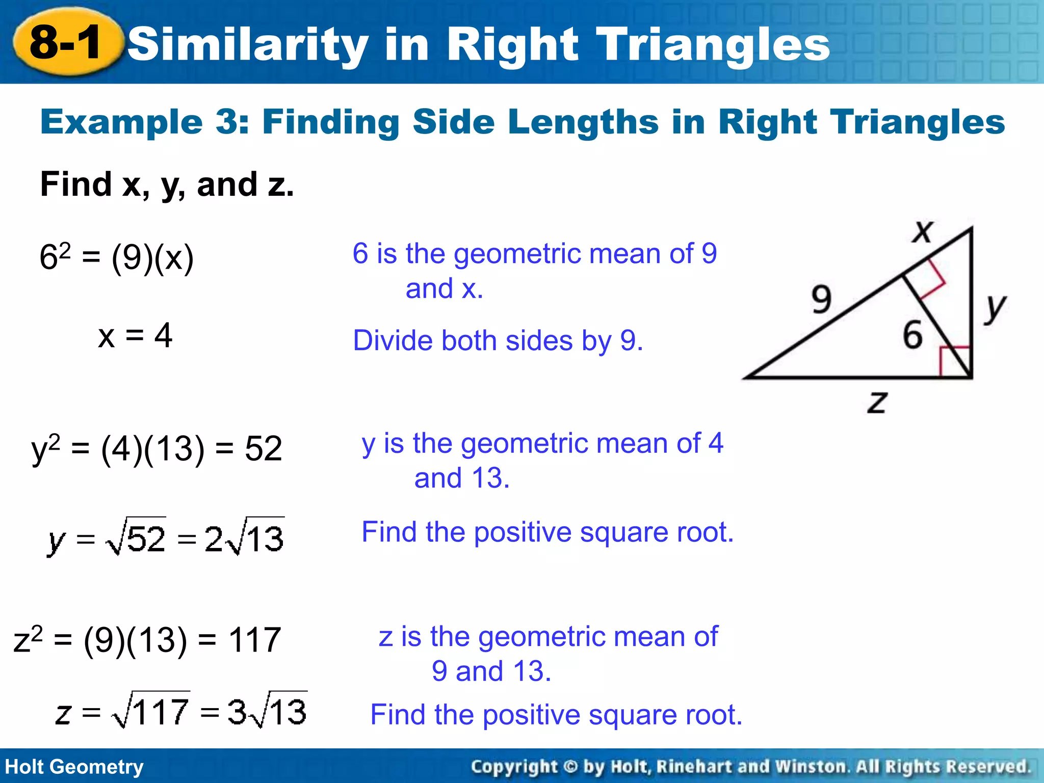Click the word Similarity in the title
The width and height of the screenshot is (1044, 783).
pyautogui.click(x=248, y=45)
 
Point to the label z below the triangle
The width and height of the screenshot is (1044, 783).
pyautogui.click(x=877, y=402)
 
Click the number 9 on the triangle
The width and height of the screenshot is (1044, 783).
pyautogui.click(x=822, y=299)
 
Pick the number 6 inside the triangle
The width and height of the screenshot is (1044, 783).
pyautogui.click(x=912, y=335)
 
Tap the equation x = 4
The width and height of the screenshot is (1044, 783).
pyautogui.click(x=135, y=335)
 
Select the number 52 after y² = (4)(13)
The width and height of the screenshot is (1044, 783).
pyautogui.click(x=263, y=449)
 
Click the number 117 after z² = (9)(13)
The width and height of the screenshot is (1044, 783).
pyautogui.click(x=254, y=640)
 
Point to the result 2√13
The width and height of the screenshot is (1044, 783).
pyautogui.click(x=244, y=538)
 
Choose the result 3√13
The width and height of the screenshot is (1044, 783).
pyautogui.click(x=267, y=712)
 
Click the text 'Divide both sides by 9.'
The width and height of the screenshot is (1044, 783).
pyautogui.click(x=498, y=341)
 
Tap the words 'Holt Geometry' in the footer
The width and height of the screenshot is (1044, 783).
pyautogui.click(x=74, y=767)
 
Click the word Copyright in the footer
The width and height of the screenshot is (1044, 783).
pyautogui.click(x=514, y=767)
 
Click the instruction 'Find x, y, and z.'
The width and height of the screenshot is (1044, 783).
pyautogui.click(x=167, y=184)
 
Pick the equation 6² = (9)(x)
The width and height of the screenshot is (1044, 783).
pyautogui.click(x=116, y=257)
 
